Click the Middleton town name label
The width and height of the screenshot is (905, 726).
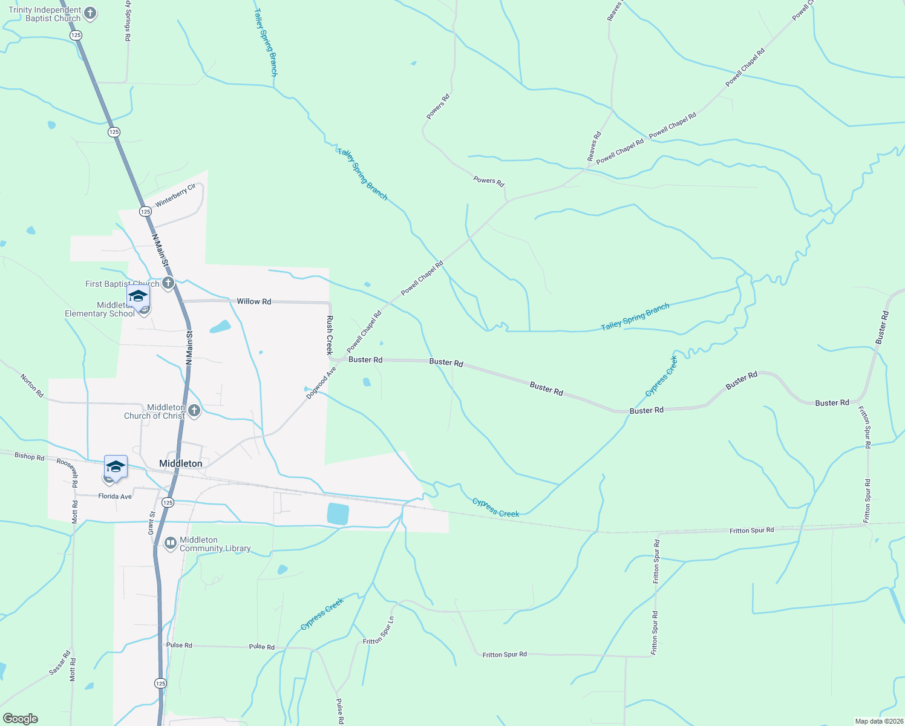pos(180,463)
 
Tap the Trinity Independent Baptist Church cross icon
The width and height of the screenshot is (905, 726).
pos(90,14)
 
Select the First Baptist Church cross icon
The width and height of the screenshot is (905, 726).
pos(168,283)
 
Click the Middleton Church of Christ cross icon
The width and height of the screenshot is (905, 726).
pos(194,411)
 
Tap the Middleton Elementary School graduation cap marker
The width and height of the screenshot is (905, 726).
pos(138,297)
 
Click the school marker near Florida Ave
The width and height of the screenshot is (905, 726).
pos(116,467)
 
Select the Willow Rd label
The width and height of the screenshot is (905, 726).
pos(253,301)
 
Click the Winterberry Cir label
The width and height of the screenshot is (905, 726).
pos(175,195)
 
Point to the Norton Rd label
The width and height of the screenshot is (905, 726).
pos(32,385)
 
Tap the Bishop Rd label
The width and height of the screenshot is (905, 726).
pos(29,456)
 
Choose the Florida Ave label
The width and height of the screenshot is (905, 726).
pos(115,496)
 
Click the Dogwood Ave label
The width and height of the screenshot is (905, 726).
pos(321,383)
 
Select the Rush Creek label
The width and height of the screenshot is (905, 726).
pos(330,335)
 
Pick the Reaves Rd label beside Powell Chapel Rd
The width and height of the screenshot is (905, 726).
pos(594,146)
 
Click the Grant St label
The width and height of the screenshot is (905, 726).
pos(152,523)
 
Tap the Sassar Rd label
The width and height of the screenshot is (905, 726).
pos(60,663)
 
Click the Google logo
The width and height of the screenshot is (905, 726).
pos(21,719)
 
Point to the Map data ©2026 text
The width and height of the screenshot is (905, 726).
pos(878,721)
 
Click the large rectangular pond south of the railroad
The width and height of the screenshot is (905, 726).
pos(338,514)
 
